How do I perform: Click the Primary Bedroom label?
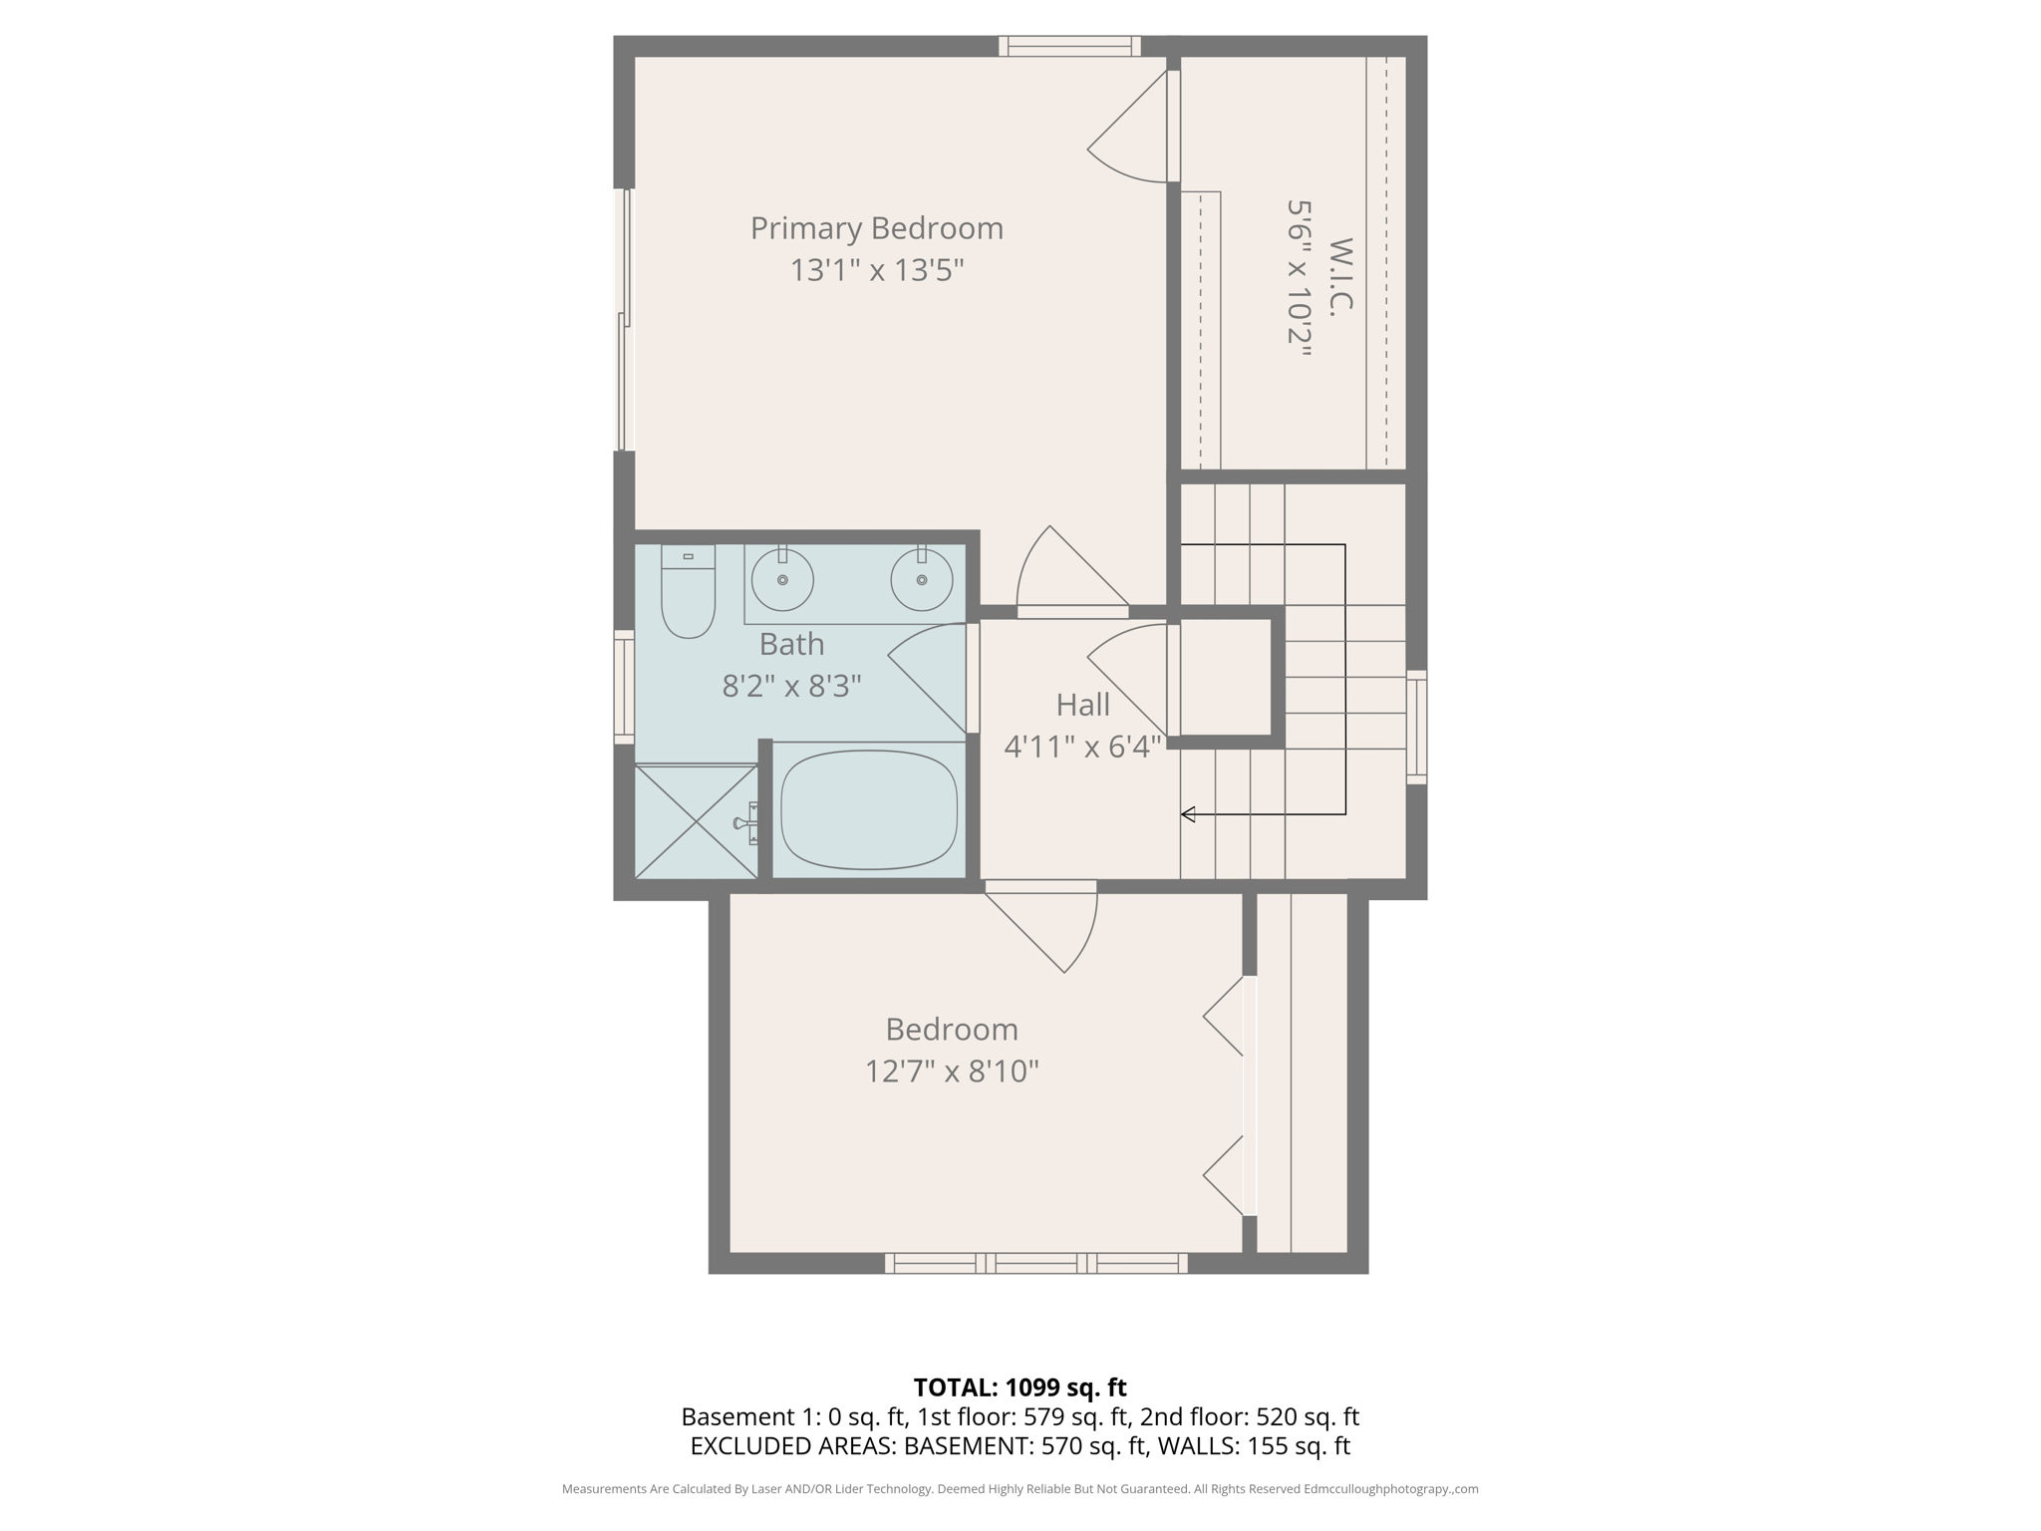click(876, 228)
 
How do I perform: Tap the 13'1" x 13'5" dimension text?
click(876, 270)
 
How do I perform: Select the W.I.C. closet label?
click(1341, 277)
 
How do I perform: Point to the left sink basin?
click(782, 580)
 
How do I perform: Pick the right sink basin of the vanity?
click(922, 580)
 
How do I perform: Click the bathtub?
click(869, 809)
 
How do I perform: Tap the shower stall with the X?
click(696, 821)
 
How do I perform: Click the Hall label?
click(1082, 706)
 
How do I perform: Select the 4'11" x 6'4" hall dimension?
click(1082, 747)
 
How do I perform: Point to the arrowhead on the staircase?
click(1188, 814)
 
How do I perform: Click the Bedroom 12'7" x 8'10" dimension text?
click(952, 1072)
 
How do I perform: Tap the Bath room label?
click(791, 644)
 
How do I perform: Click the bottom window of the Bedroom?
click(1035, 1263)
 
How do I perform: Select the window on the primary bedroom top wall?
click(1069, 46)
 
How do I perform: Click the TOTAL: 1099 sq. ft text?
click(1020, 1387)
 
